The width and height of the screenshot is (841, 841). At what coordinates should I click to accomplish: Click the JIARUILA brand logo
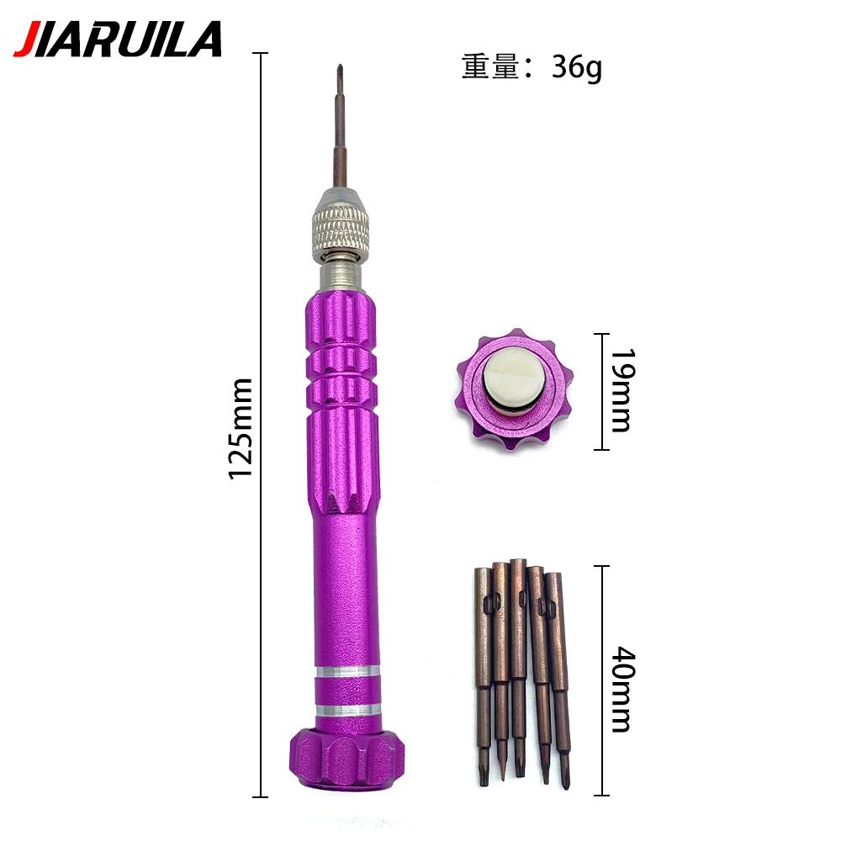(x=118, y=40)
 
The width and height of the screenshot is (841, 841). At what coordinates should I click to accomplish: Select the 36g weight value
(x=577, y=68)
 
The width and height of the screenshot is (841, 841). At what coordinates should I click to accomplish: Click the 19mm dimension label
(x=623, y=390)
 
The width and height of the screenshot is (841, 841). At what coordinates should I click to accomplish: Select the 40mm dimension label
(x=623, y=690)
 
